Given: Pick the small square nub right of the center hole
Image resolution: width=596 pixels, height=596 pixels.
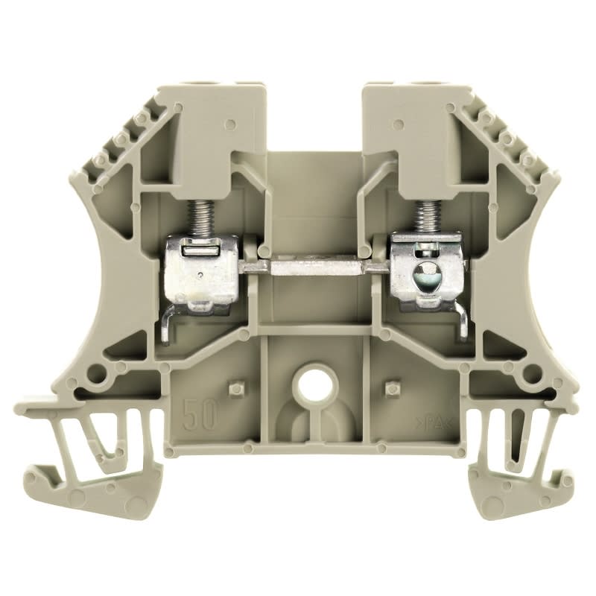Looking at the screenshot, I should click(x=388, y=387).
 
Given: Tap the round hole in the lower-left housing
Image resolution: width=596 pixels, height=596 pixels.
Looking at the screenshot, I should click(x=95, y=372).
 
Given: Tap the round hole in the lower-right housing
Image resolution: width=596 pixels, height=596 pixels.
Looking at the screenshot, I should click(x=532, y=372).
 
